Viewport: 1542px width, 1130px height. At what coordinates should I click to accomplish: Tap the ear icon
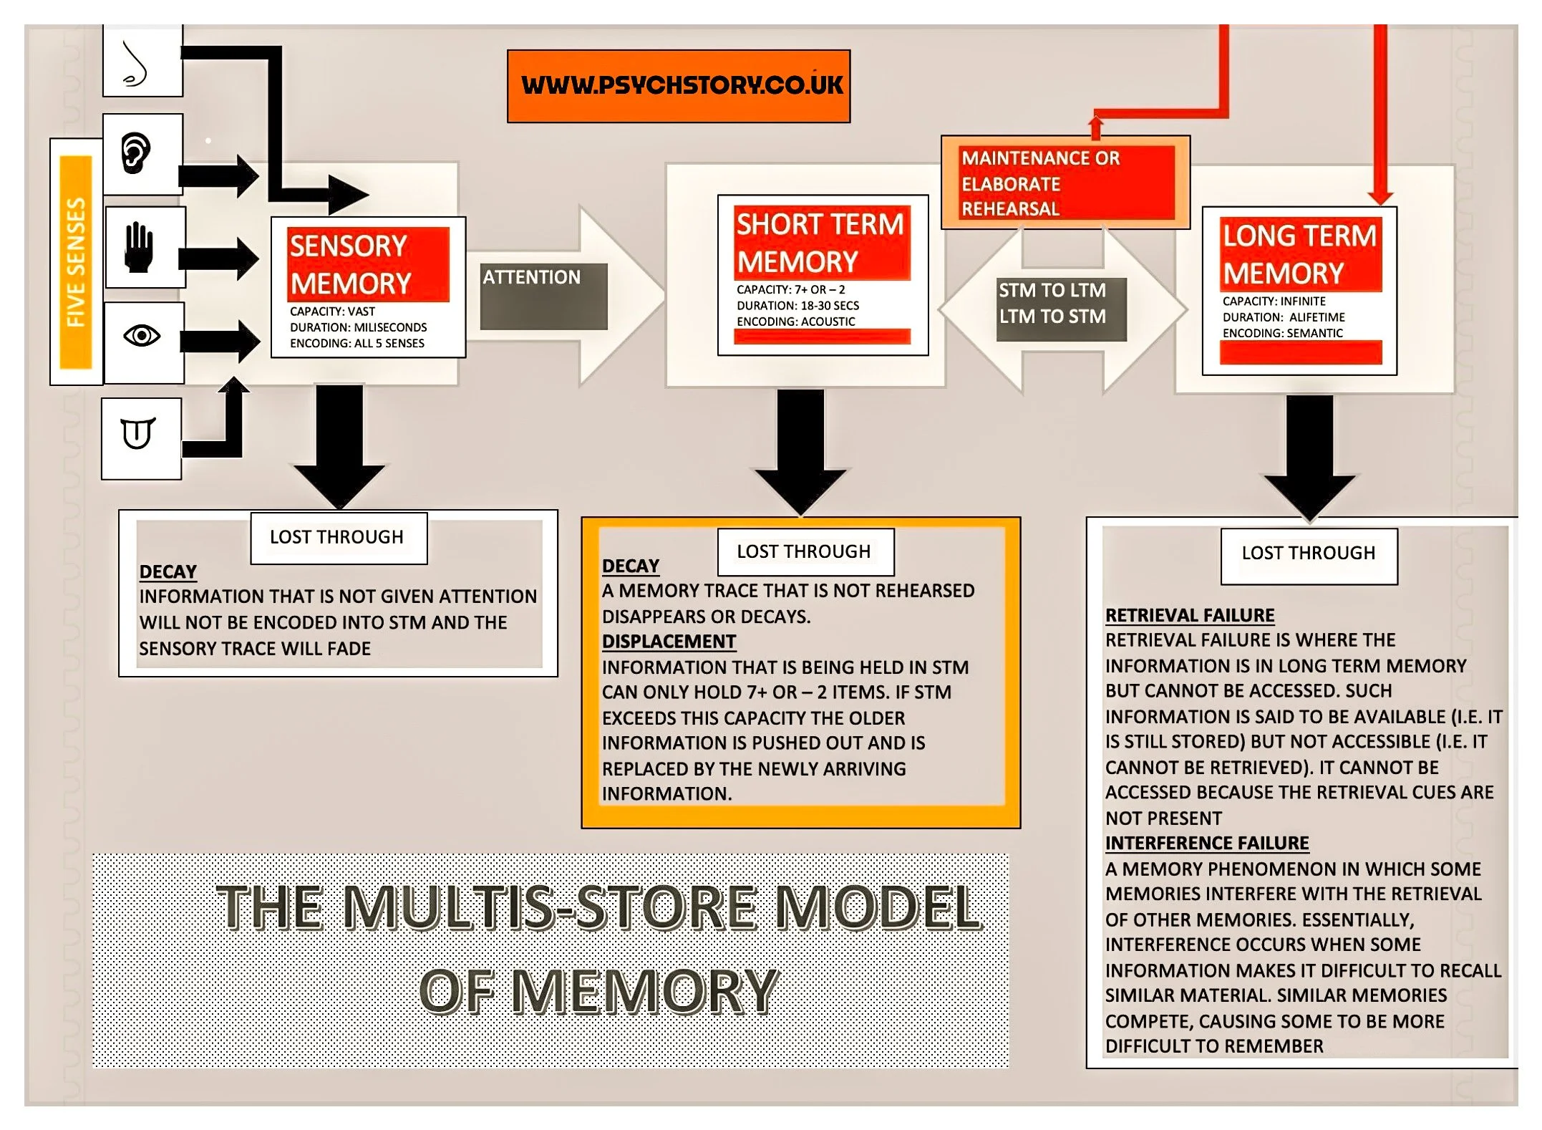136,153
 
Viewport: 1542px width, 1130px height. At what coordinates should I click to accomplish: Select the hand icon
139,248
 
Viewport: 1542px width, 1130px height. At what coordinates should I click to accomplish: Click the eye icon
142,336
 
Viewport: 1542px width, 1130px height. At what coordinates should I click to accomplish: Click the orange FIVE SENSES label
76,262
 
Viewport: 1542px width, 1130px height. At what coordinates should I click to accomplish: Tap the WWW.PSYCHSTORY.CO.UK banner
679,86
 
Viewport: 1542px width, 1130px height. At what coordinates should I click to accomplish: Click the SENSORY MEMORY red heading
368,265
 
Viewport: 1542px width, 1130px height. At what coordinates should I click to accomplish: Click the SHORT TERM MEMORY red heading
822,243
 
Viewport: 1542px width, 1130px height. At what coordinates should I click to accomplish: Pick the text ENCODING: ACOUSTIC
795,322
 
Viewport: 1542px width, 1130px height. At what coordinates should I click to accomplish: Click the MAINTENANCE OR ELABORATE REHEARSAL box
1065,183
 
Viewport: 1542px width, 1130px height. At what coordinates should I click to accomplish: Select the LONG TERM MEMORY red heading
1299,254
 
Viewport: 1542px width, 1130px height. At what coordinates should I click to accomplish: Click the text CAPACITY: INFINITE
1274,301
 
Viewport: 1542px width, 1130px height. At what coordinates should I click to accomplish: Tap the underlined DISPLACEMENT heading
669,642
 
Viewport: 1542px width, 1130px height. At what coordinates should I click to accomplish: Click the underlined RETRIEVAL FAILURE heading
1190,616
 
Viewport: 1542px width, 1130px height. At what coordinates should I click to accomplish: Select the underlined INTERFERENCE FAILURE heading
1207,844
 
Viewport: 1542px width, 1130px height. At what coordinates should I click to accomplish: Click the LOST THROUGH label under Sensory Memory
337,537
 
